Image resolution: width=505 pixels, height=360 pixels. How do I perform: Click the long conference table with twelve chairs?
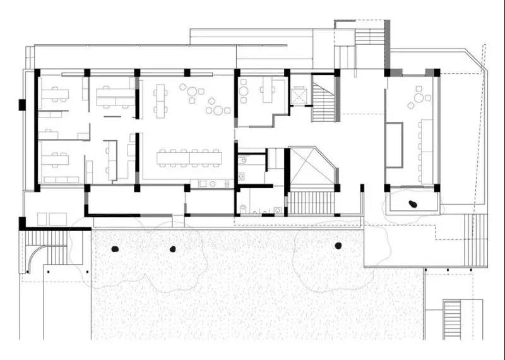[189, 157]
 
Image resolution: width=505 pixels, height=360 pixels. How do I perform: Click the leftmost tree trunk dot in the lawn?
[115, 249]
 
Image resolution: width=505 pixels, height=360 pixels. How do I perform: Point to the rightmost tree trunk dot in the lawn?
[338, 246]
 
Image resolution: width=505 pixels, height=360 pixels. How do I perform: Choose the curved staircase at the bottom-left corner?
[48, 248]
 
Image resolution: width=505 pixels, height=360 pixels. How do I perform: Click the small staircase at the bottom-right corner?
[453, 320]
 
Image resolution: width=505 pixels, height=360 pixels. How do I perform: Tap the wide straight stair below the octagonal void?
[310, 203]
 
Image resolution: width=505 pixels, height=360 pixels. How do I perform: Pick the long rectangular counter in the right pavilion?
[395, 145]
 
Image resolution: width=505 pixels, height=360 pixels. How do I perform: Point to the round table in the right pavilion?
[419, 98]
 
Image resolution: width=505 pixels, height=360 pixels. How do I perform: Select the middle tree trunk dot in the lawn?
[172, 249]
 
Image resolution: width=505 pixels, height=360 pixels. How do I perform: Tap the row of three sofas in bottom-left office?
[61, 180]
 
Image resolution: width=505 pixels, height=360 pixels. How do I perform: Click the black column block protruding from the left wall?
[22, 105]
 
